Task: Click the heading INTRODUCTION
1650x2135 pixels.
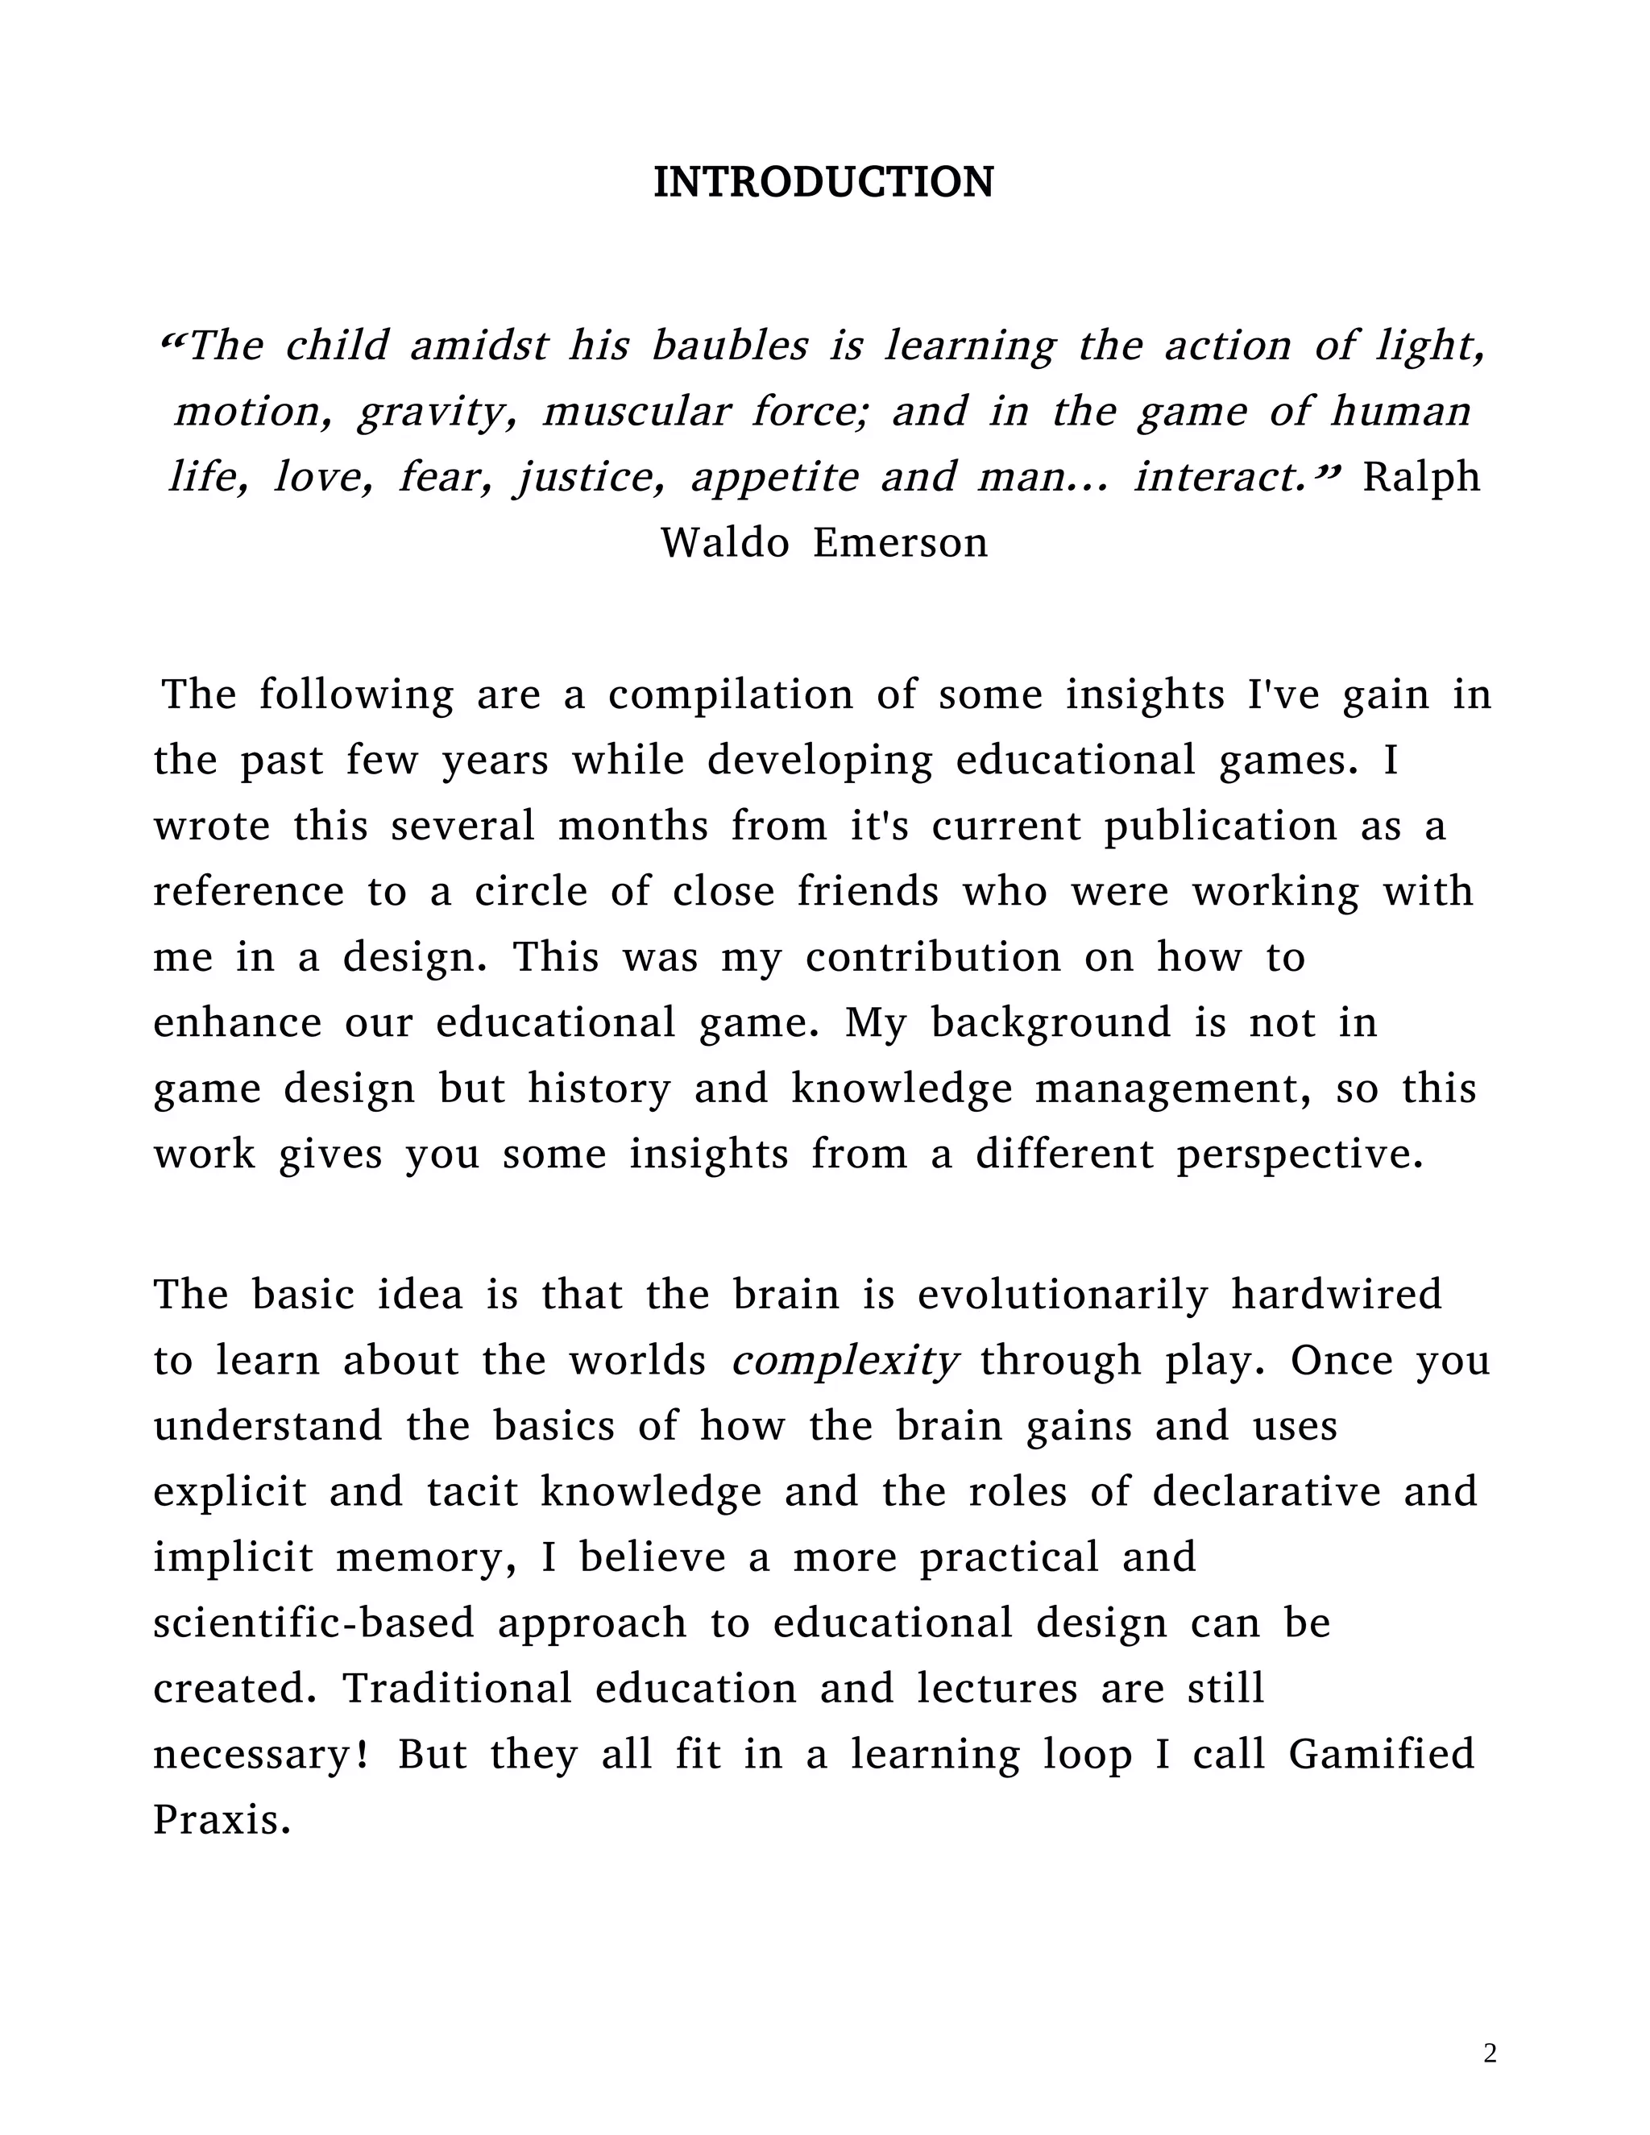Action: pos(823,183)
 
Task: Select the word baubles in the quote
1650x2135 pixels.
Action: pos(730,346)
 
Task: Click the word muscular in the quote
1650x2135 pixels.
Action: pos(636,412)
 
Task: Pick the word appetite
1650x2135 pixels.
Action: pos(773,477)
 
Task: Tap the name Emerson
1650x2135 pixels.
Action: pos(900,542)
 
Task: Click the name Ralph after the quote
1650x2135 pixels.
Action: pos(1421,477)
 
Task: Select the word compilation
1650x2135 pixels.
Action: pos(730,695)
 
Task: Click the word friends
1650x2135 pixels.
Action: pos(868,892)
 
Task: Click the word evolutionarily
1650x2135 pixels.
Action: pos(1063,1296)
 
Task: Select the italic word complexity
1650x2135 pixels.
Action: pos(844,1362)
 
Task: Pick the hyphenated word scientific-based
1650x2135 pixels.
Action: pos(313,1623)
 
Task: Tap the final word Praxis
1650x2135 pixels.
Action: pos(222,1820)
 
